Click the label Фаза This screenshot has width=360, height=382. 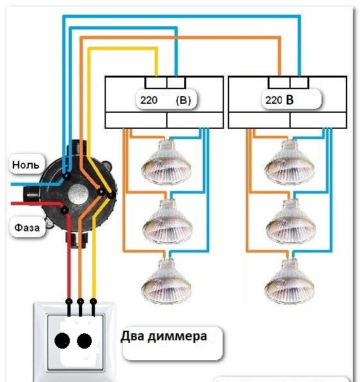click(x=28, y=227)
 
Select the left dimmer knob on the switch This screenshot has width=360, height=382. click(x=62, y=340)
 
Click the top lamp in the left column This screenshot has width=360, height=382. click(x=166, y=162)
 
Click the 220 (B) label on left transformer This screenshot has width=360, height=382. click(x=166, y=101)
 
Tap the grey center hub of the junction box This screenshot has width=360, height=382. click(x=80, y=193)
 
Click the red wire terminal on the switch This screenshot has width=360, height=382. click(x=67, y=301)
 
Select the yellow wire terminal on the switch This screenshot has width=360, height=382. click(x=94, y=301)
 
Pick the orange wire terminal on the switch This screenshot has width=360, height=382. click(x=80, y=301)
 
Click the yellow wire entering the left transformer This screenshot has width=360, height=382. click(x=157, y=71)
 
